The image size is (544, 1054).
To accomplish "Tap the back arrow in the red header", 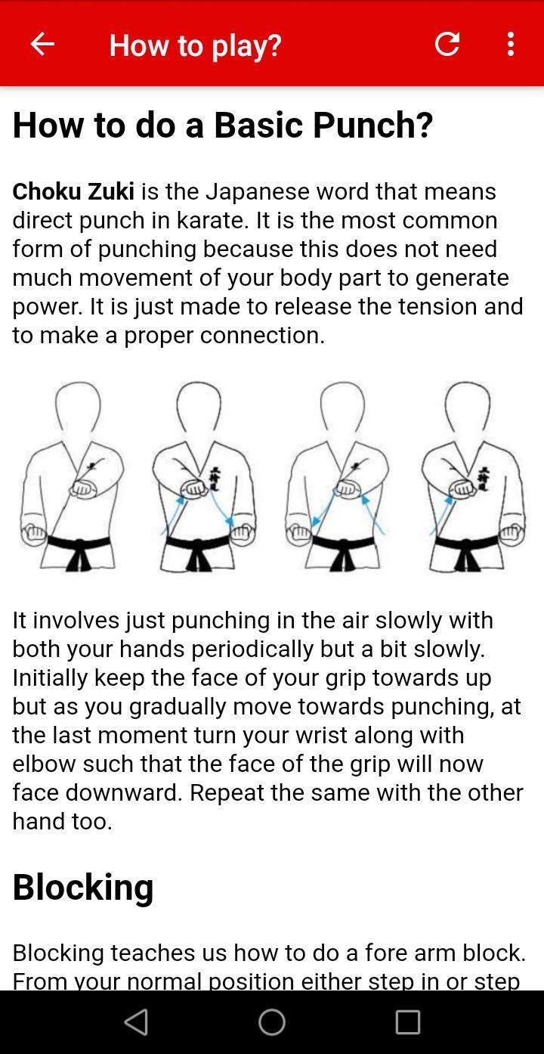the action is (42, 44).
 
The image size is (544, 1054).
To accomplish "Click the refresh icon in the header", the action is (447, 44).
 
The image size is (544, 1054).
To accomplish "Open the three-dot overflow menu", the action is (511, 44).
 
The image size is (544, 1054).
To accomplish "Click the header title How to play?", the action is (195, 46).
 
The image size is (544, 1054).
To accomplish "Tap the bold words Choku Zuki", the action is (73, 191).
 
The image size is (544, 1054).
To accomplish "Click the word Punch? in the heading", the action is (372, 126).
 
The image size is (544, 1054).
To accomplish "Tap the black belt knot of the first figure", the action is (79, 555).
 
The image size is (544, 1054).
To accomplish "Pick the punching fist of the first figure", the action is (82, 488).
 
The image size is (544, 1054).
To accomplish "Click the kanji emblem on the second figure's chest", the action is (215, 479).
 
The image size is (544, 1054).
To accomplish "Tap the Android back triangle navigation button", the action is (136, 1022).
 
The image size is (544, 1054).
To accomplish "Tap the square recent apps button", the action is (408, 1022).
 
